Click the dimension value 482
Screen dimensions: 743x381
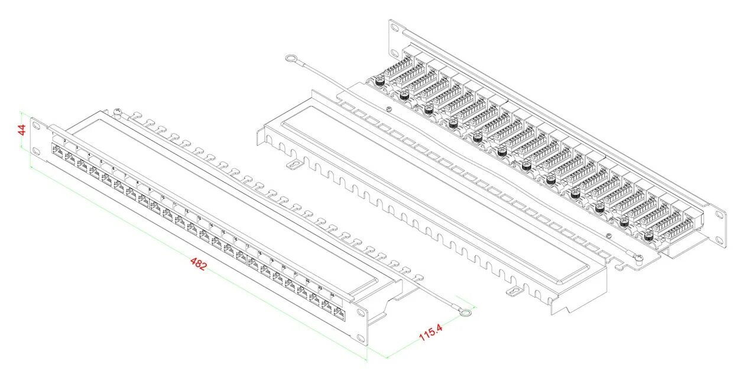[x=199, y=264]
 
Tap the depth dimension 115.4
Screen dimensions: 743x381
[x=431, y=333]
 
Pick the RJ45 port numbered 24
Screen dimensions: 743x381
[x=339, y=312]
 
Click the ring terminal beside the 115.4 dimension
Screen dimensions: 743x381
[x=466, y=312]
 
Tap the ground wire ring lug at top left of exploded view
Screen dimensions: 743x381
[x=291, y=58]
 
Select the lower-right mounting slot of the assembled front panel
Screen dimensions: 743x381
[x=360, y=338]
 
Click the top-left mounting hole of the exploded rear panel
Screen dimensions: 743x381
[x=393, y=26]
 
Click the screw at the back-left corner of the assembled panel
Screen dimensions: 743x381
[x=117, y=110]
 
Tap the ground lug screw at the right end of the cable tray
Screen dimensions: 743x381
[x=638, y=257]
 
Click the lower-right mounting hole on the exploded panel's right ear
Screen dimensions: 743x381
[x=719, y=239]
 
